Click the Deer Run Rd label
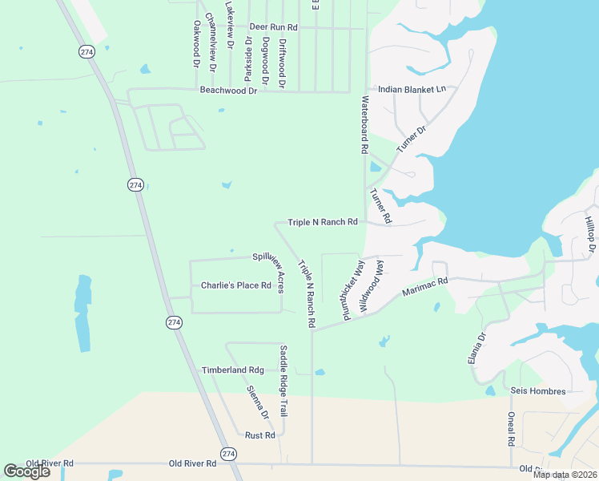coord(273,27)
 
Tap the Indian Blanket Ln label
coord(412,90)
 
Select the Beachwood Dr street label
coord(229,91)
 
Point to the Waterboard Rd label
coord(364,125)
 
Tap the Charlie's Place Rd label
coord(236,285)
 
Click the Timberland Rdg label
coord(232,370)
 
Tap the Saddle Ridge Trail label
coord(283,381)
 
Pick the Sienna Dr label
coord(258,403)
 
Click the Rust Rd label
coord(260,435)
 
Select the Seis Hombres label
coord(538,391)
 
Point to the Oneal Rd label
coord(511,429)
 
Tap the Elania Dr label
coord(476,350)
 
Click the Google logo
coord(27,471)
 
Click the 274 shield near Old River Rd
coord(230,454)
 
